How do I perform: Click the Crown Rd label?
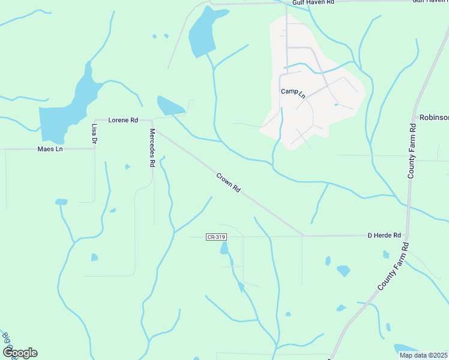[229, 182]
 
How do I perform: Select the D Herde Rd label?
[384, 236]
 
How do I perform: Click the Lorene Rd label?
[123, 120]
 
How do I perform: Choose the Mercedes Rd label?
[152, 148]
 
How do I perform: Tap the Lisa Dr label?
[94, 133]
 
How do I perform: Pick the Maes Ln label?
[50, 149]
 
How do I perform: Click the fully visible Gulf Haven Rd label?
[313, 3]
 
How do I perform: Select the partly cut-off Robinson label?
[433, 117]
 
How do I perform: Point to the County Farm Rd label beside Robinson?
[412, 151]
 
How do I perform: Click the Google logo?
[20, 353]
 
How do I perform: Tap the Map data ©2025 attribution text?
[423, 355]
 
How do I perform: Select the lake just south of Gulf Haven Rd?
[202, 33]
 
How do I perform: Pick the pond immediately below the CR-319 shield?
[224, 248]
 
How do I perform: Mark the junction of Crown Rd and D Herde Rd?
[303, 236]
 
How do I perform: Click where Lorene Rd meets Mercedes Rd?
[152, 121]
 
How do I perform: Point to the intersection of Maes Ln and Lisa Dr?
[95, 149]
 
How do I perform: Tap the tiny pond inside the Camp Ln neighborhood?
[336, 105]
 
